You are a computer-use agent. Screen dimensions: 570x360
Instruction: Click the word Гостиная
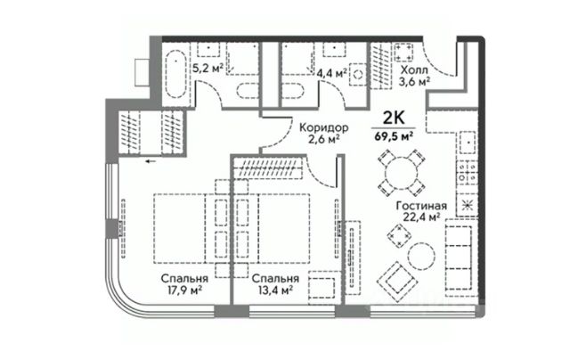point(419,202)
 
